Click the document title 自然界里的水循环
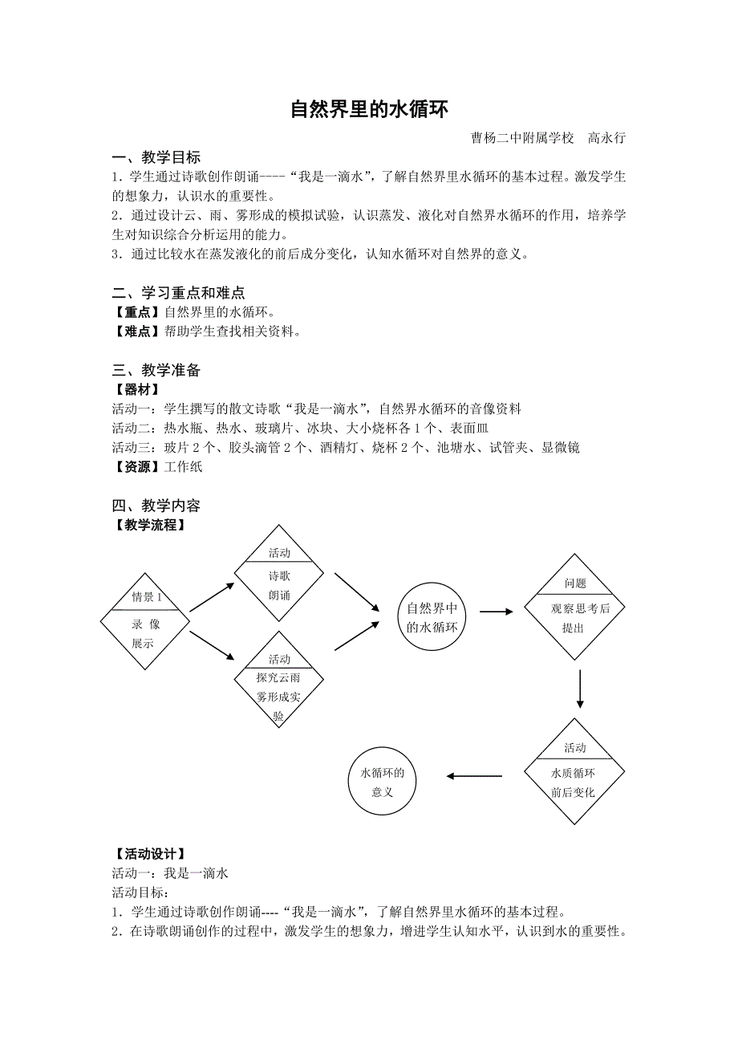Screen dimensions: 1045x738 pos(368,109)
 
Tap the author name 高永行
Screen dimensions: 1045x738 pos(606,138)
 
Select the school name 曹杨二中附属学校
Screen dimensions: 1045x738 pos(523,138)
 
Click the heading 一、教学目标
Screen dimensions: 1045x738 pos(156,157)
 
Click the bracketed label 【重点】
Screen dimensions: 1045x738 pos(137,312)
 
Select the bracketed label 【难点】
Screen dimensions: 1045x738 pos(137,331)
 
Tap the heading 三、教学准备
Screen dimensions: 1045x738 pos(156,370)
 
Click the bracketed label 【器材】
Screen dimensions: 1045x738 pos(137,389)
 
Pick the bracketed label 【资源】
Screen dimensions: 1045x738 pos(137,466)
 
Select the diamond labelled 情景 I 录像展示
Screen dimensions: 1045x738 pos(145,620)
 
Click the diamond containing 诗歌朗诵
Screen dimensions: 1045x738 pos(279,574)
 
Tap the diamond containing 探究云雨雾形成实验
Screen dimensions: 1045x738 pos(279,679)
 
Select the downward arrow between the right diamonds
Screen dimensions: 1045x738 pos(579,689)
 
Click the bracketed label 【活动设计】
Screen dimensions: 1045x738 pos(150,853)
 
